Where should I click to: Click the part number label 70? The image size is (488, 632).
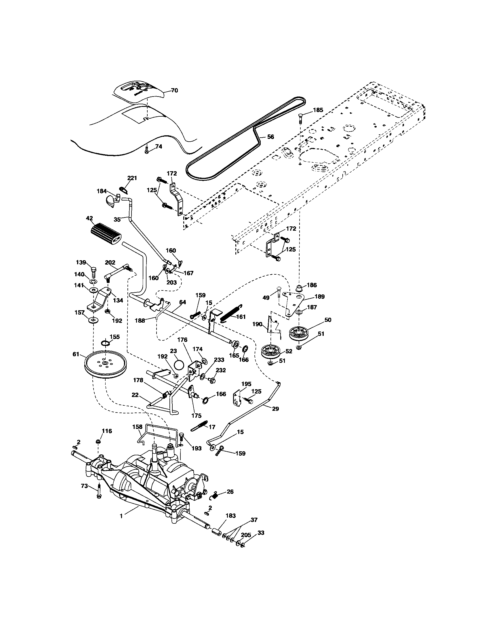pyautogui.click(x=174, y=90)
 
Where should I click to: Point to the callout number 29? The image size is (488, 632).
pyautogui.click(x=275, y=409)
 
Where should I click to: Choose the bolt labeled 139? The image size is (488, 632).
pyautogui.click(x=94, y=271)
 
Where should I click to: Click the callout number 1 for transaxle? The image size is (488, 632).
pyautogui.click(x=121, y=516)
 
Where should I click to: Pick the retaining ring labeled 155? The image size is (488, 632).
pyautogui.click(x=106, y=344)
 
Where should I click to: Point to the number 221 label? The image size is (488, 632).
pyautogui.click(x=132, y=178)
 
